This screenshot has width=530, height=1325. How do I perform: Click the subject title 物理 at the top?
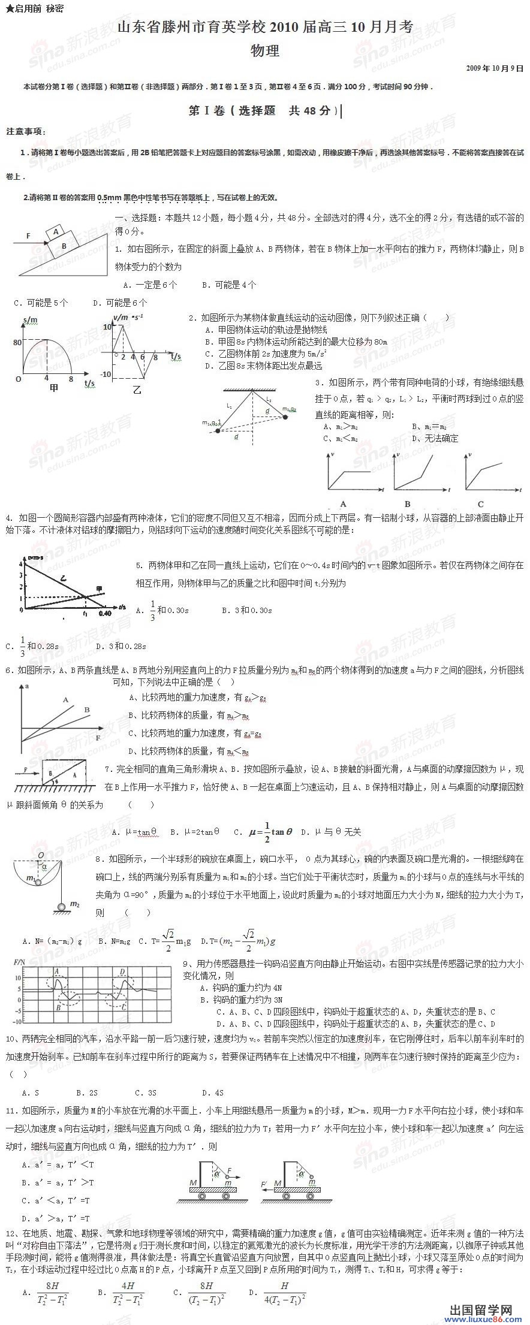[x=265, y=50]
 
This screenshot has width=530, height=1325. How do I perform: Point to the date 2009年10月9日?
[x=495, y=68]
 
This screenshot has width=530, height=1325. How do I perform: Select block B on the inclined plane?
[x=64, y=245]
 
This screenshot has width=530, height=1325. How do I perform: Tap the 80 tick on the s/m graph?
[x=17, y=343]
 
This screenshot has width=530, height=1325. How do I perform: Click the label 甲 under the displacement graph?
[x=54, y=388]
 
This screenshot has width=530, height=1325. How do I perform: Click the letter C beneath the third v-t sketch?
[x=481, y=504]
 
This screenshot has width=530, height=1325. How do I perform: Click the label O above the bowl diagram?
[x=40, y=855]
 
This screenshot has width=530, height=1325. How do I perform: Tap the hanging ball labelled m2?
[x=59, y=907]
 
